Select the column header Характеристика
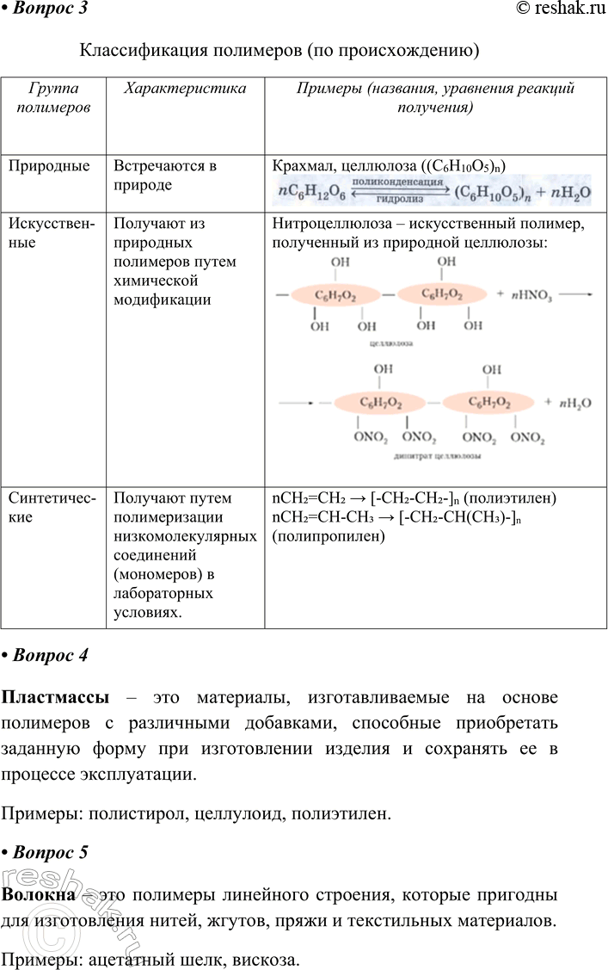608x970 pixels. pos(185,89)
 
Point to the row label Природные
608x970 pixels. pos(49,167)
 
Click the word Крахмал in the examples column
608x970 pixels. pos(302,167)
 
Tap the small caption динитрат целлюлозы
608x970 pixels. pos(437,456)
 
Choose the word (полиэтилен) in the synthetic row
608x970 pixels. pos(510,498)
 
